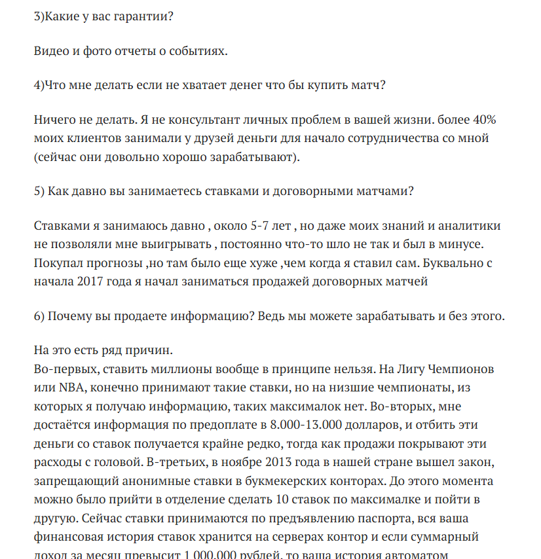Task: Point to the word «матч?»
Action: pos(366,85)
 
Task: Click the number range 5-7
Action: pos(265,226)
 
